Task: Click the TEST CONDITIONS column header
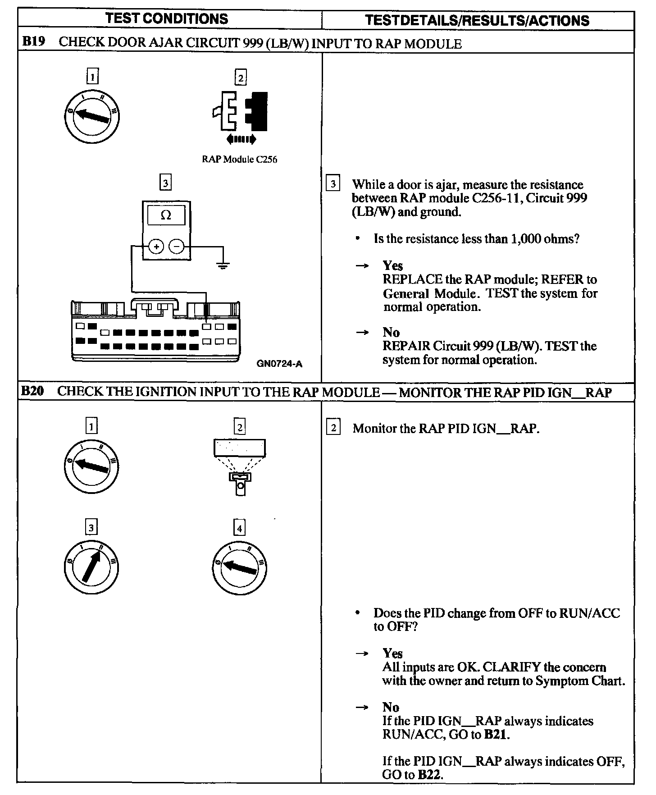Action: (167, 19)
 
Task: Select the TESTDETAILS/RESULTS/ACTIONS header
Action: (477, 21)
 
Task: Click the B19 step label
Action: (32, 43)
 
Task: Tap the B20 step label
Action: (32, 391)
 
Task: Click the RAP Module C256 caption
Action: (239, 160)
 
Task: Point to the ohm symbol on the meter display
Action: (166, 215)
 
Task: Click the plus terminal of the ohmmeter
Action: (156, 247)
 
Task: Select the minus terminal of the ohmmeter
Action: (177, 247)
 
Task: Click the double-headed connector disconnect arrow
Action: (241, 139)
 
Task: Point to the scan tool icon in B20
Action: (240, 466)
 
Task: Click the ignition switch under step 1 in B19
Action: (91, 116)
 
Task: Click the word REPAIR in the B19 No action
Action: (406, 346)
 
